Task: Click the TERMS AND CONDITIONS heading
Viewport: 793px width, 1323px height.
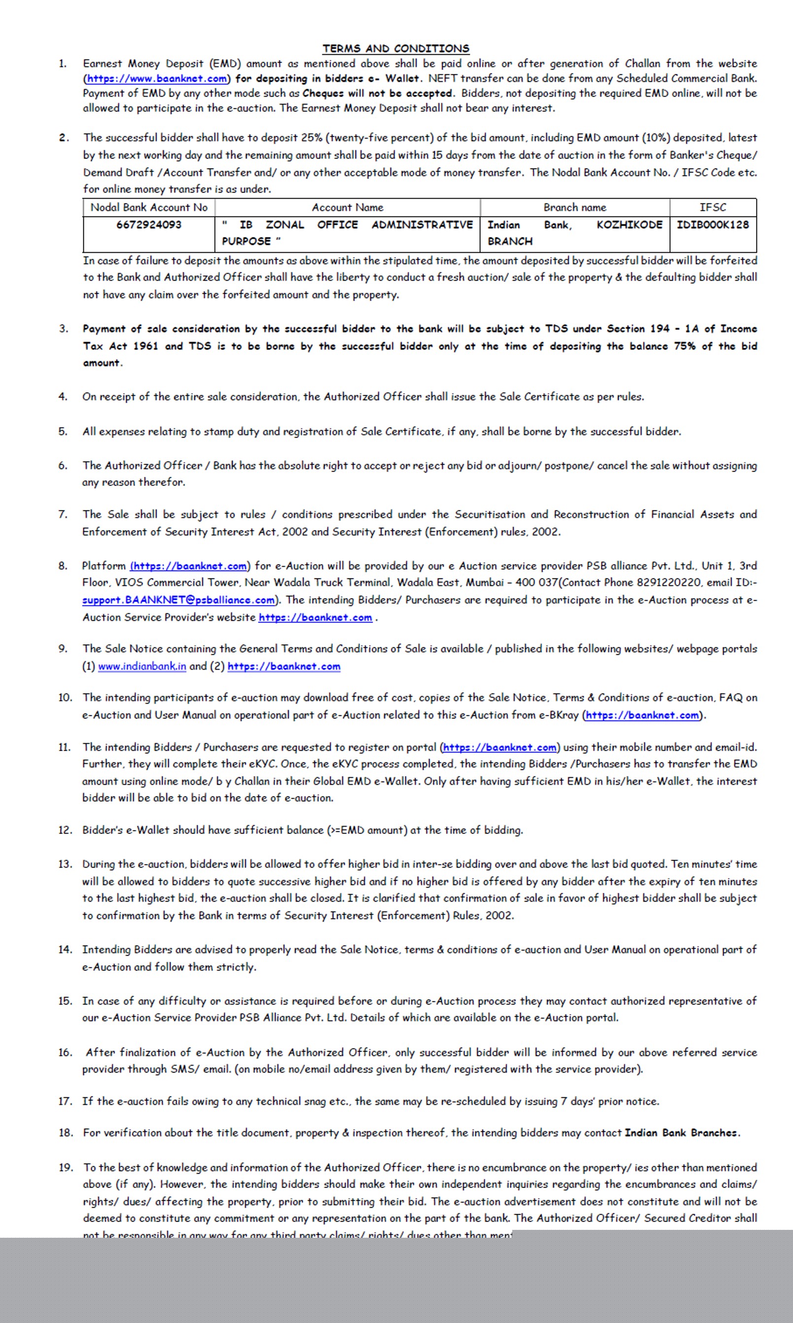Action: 396,49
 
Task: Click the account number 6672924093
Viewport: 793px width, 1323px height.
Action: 149,225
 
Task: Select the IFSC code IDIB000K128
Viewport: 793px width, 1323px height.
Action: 713,225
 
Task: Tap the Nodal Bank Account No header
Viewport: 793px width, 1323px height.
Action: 149,207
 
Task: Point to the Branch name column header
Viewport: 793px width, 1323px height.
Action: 574,207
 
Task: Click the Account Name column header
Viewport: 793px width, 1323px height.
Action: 347,207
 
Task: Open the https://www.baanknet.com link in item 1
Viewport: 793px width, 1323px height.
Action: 157,78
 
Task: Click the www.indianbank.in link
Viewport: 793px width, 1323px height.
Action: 142,667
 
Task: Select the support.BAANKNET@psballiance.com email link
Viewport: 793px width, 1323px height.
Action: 178,600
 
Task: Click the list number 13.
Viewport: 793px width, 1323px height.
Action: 65,864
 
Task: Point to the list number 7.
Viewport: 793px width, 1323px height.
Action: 63,514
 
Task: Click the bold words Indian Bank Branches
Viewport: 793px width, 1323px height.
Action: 681,1133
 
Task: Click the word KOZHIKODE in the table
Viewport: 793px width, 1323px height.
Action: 629,225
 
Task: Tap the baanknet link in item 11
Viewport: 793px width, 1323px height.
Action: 499,747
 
